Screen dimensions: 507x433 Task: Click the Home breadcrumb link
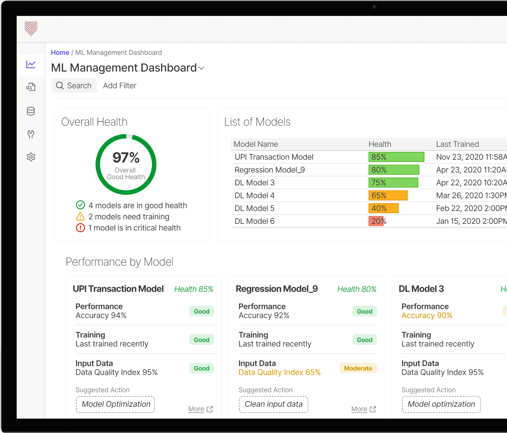coord(60,53)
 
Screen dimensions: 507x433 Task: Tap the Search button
coord(74,86)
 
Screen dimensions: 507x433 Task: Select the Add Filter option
coord(120,86)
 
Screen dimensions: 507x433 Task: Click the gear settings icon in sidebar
coord(31,157)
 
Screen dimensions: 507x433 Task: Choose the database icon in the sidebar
coord(31,111)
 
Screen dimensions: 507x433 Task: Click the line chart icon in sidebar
coord(31,64)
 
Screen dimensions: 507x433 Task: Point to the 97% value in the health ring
coord(126,158)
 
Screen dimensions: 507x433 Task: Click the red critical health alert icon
coord(80,228)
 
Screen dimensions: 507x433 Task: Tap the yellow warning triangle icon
coord(80,216)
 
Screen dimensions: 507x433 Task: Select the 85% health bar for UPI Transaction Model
coord(396,157)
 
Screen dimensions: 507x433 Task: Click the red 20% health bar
coord(376,221)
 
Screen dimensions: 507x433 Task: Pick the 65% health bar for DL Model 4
coord(388,195)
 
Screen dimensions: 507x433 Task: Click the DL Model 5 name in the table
coord(255,208)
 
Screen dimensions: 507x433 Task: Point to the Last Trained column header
coord(458,144)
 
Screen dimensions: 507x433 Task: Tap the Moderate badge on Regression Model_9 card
coord(358,368)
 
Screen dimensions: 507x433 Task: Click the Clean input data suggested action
coord(273,404)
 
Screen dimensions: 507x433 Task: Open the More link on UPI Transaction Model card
coord(201,409)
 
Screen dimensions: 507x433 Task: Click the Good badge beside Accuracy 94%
coord(202,311)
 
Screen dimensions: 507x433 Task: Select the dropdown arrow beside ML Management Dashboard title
coord(201,68)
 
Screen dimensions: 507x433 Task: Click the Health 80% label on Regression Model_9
coord(357,289)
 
